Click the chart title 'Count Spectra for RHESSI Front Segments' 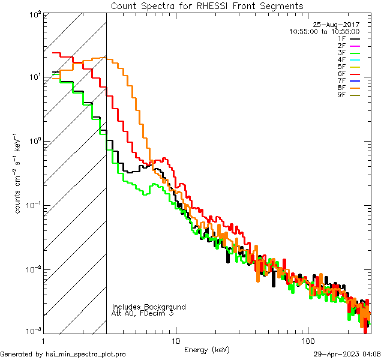207,6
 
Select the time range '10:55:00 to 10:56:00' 324,32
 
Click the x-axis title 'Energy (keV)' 206,350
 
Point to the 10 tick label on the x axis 176,341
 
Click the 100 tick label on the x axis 308,341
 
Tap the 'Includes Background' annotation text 148,307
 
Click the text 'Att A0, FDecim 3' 142,314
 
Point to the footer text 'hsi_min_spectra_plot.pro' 86,354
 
